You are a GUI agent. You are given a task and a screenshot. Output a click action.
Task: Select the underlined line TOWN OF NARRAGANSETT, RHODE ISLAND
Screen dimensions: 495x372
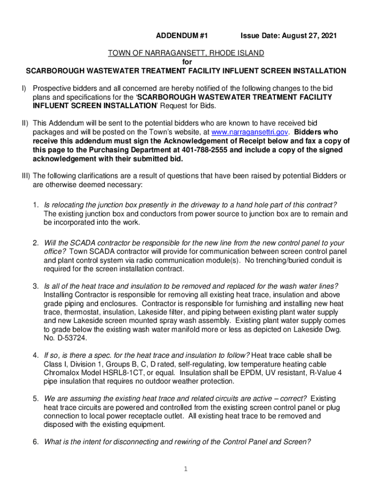186,53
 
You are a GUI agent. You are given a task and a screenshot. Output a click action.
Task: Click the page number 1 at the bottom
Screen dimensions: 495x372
186,468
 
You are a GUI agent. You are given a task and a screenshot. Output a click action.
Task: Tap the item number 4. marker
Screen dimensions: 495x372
36,355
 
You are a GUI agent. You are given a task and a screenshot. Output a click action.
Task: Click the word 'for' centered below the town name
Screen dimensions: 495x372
186,62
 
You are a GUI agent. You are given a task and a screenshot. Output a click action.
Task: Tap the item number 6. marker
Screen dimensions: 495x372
36,442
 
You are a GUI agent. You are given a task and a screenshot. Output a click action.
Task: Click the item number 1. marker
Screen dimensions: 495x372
36,205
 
